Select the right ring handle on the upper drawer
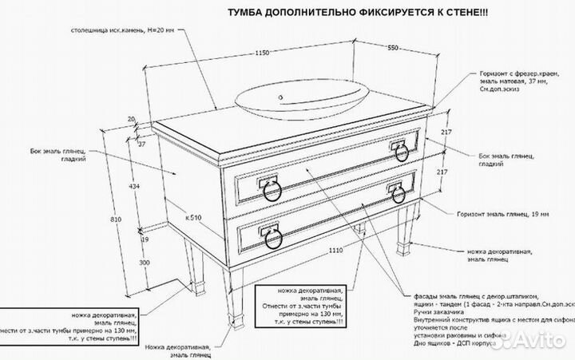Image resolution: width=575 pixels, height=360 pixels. (398, 151)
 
